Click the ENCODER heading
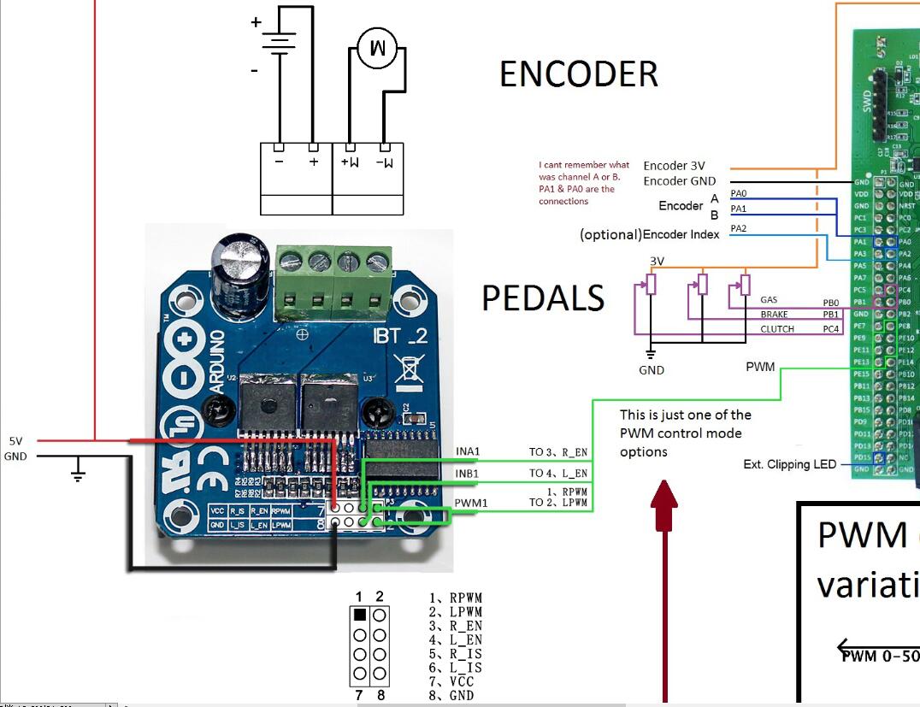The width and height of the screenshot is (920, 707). (x=579, y=75)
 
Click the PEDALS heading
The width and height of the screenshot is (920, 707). (x=543, y=298)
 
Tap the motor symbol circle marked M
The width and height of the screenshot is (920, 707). (x=376, y=49)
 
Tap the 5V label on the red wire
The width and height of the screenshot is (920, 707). (x=16, y=441)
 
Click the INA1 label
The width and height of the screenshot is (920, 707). (x=469, y=451)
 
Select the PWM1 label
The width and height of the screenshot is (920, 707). (x=472, y=503)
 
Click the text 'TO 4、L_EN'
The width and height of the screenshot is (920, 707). (x=557, y=473)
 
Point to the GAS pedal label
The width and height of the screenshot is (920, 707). (x=769, y=300)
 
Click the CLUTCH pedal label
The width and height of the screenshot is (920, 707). (x=776, y=329)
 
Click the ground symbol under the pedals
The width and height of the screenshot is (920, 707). (x=651, y=354)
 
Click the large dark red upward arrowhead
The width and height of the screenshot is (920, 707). (x=664, y=497)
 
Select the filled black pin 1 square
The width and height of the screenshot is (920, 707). (x=360, y=615)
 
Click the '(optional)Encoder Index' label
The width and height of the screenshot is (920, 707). (x=649, y=234)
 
